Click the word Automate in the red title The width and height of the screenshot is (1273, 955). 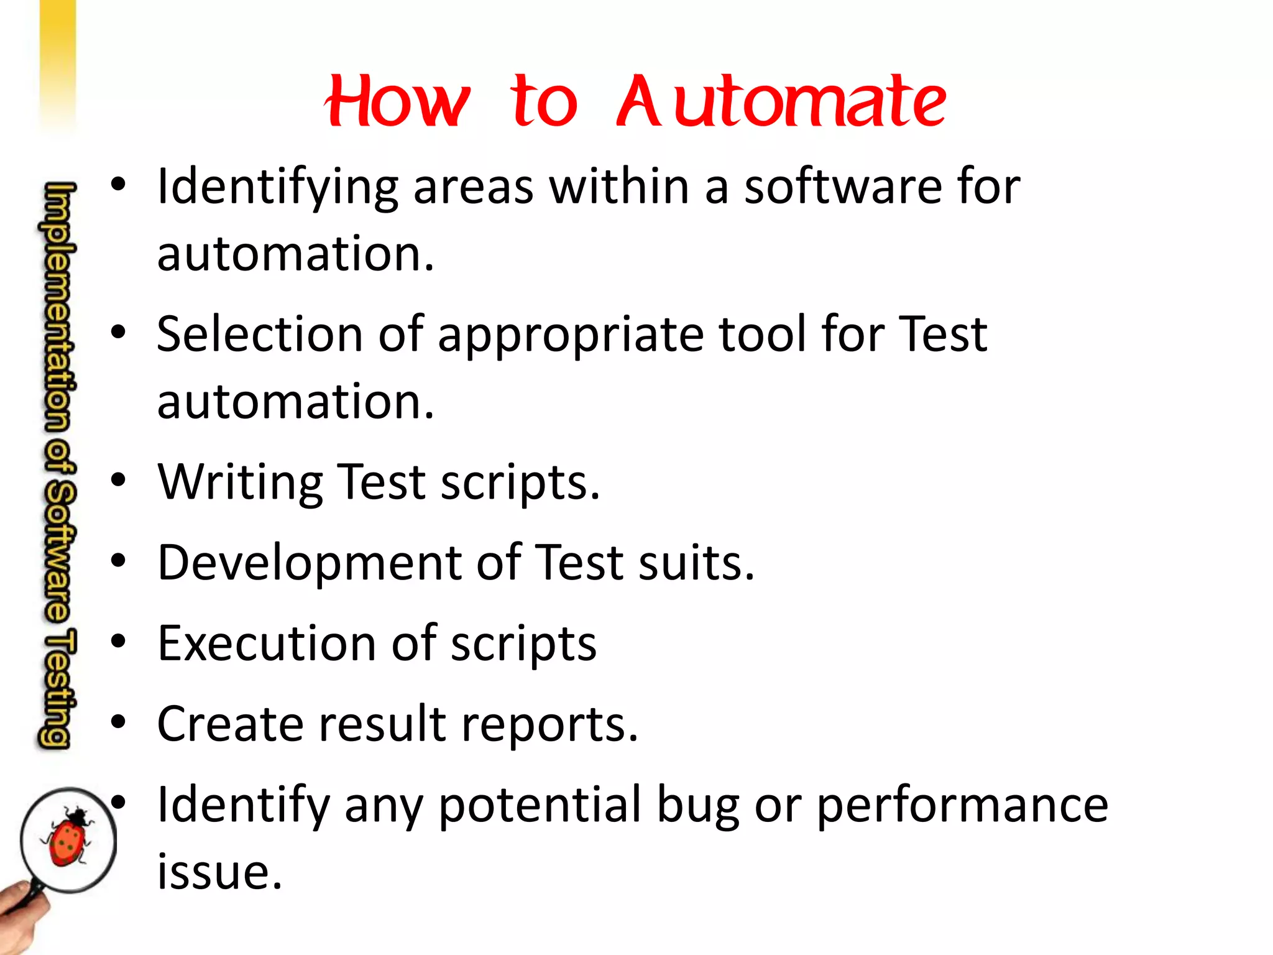781,101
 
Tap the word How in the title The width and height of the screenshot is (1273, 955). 398,101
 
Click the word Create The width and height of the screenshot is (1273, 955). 230,724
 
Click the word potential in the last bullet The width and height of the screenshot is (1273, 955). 540,805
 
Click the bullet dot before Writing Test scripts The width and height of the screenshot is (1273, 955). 118,480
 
